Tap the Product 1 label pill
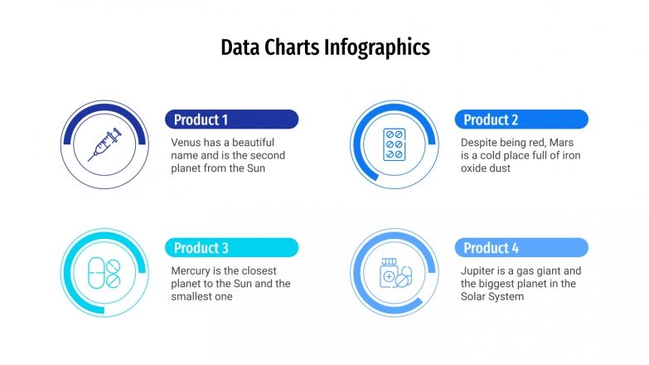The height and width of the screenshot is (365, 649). tap(231, 119)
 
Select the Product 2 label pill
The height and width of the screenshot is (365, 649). tap(521, 119)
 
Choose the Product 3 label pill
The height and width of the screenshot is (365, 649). tap(231, 247)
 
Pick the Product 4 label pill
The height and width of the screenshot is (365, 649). tap(521, 247)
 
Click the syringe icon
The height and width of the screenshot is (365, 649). tap(104, 145)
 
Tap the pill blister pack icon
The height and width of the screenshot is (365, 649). tap(394, 144)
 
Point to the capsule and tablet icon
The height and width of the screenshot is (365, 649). tap(104, 272)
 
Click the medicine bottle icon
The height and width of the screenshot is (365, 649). tap(394, 272)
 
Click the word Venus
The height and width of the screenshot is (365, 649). tap(186, 142)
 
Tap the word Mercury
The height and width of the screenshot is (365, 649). tap(193, 270)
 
